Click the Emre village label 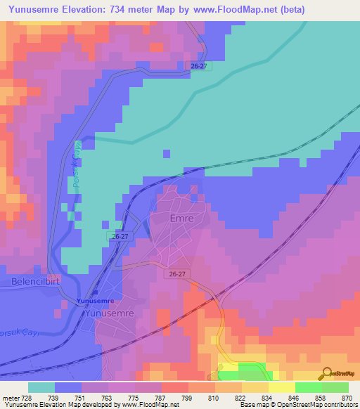point(181,219)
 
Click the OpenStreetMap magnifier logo point(327,374)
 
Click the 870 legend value point(347,398)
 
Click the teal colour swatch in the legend point(41,387)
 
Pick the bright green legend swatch point(308,387)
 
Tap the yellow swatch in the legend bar point(281,387)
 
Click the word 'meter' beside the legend point(11,398)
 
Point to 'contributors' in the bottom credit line point(338,405)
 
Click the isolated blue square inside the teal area point(166,152)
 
